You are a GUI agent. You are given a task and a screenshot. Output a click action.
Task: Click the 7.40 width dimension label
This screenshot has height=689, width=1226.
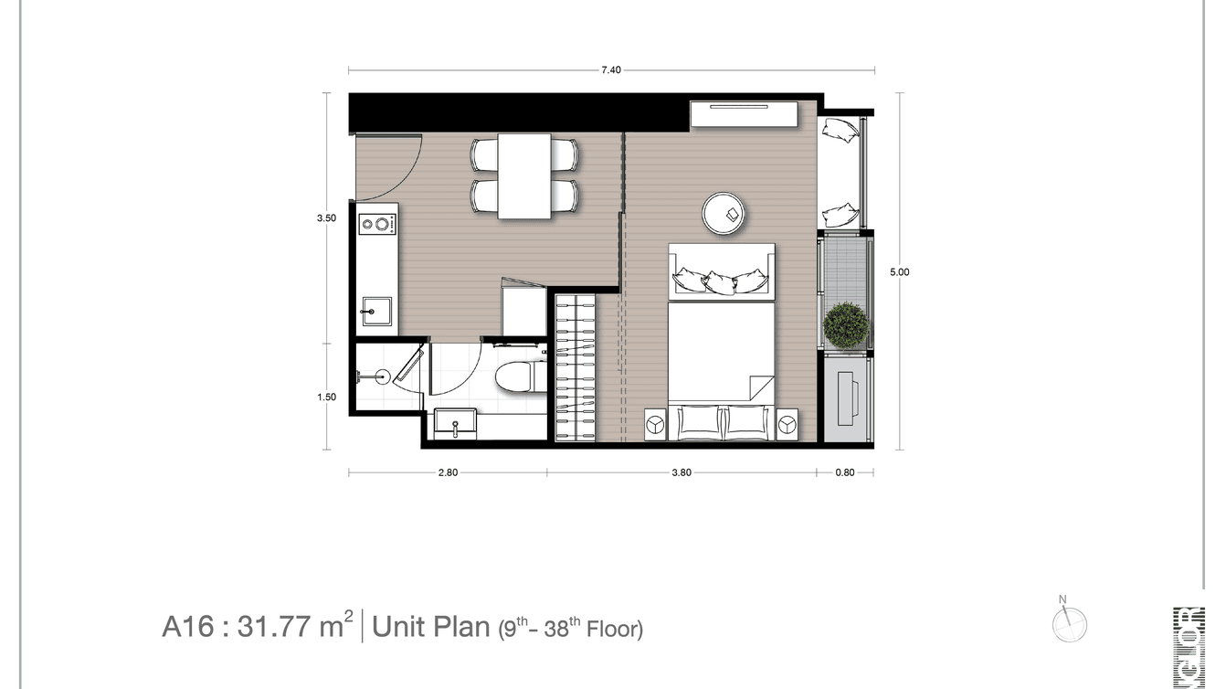click(611, 70)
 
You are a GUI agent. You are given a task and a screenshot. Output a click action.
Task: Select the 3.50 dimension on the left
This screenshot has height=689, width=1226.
click(326, 218)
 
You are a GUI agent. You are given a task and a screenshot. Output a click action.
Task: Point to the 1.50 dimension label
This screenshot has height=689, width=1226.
click(326, 397)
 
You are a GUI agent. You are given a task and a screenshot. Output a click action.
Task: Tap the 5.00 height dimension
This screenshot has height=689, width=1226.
click(900, 271)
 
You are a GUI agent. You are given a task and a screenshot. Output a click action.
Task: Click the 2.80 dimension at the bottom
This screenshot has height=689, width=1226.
click(448, 472)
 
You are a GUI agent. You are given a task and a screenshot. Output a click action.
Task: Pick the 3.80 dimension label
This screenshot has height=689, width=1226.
click(681, 472)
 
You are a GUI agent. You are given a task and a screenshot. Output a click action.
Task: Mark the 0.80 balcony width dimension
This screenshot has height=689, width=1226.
click(844, 472)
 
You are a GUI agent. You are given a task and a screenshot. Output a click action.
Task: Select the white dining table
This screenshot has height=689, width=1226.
click(524, 175)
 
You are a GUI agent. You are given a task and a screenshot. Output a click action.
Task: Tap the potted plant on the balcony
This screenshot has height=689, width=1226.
click(845, 324)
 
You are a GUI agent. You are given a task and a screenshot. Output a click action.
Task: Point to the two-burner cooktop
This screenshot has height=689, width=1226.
click(376, 223)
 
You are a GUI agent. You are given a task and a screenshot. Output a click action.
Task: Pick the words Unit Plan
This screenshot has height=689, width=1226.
click(431, 627)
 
